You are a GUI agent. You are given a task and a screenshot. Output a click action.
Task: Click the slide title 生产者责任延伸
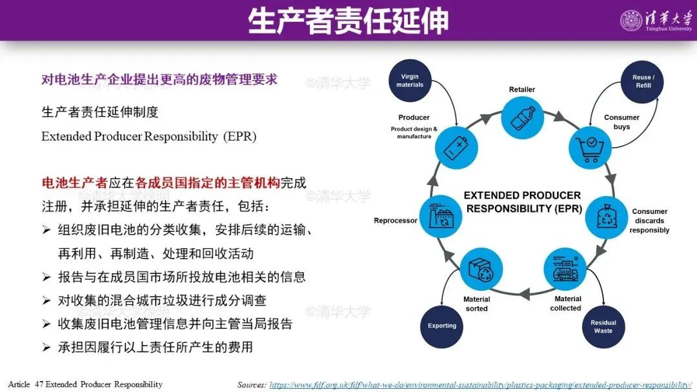click(348, 21)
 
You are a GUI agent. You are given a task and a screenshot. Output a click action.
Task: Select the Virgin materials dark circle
click(410, 81)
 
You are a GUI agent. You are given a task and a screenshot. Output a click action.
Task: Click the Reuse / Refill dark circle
click(643, 81)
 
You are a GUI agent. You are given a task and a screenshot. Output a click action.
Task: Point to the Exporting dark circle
click(442, 326)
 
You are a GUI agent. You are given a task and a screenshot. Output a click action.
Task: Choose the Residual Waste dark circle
click(603, 326)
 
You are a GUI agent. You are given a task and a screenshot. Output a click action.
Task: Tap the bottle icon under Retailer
click(521, 119)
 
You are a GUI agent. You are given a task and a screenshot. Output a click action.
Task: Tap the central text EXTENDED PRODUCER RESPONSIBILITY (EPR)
click(522, 202)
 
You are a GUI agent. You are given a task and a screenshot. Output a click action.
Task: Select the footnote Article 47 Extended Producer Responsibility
click(85, 384)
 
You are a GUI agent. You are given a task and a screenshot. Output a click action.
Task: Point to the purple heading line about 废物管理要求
click(159, 79)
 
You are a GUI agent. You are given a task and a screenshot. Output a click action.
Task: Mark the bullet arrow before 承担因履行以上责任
click(46, 347)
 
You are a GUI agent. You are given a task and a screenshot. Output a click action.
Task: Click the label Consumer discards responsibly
click(649, 220)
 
